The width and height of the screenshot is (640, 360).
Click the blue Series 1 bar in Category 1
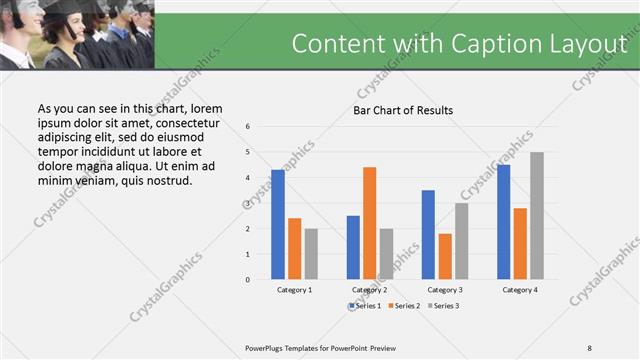(x=278, y=224)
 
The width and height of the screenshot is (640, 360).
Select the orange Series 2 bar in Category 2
(x=369, y=223)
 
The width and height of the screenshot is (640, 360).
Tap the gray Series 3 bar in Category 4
(x=537, y=215)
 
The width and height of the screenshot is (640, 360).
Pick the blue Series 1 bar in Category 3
(x=428, y=234)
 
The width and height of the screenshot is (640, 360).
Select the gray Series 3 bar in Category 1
(x=311, y=253)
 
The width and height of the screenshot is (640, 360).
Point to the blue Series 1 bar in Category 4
(x=503, y=221)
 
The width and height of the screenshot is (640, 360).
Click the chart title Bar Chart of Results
(x=403, y=110)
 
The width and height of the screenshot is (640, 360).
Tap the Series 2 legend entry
(x=403, y=304)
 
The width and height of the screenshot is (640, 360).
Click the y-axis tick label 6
(x=248, y=127)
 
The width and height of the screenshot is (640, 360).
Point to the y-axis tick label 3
(x=248, y=203)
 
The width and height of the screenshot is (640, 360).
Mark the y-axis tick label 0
(x=248, y=279)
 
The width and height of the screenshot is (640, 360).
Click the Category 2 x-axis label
(x=369, y=289)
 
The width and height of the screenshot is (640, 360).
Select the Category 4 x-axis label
(x=519, y=289)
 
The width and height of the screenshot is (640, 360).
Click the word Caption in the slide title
(x=483, y=43)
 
